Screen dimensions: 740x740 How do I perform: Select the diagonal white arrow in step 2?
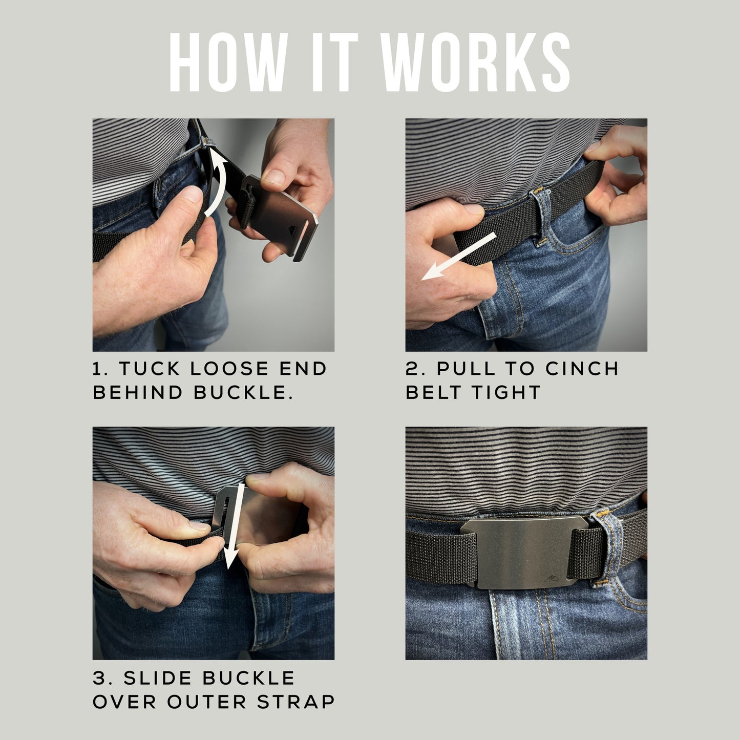click(459, 257)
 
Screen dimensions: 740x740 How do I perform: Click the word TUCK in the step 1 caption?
click(150, 369)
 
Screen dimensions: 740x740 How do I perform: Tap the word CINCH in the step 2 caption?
click(582, 369)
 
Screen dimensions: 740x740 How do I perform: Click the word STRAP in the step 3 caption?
click(296, 702)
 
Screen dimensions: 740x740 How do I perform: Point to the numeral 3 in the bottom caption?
click(99, 678)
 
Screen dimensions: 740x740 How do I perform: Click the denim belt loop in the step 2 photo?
click(540, 216)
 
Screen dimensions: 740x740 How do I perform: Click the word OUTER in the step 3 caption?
click(207, 702)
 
